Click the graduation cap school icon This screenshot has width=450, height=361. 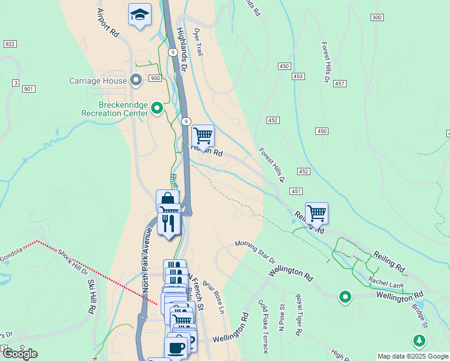[140, 14]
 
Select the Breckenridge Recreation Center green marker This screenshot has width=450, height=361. [157, 108]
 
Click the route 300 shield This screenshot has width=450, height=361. [377, 17]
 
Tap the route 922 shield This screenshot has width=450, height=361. [10, 44]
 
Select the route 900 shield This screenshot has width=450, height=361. [155, 78]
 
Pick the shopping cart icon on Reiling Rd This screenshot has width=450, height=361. [316, 212]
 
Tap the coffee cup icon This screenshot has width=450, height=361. [176, 347]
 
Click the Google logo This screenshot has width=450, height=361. [20, 354]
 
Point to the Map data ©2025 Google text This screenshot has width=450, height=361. [413, 356]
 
